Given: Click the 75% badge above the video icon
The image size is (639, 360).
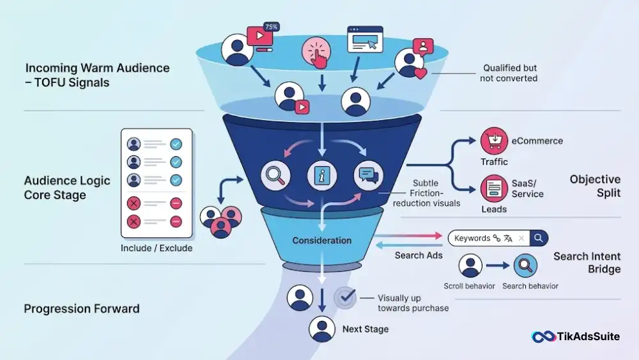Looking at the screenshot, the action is tap(272, 27).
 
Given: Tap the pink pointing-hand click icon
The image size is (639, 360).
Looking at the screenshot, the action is tap(316, 52).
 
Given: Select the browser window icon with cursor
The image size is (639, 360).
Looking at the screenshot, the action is tap(365, 40).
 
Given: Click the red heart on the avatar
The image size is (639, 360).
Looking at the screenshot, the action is tap(420, 73).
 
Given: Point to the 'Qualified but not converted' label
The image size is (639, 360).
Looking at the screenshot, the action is tap(509, 73).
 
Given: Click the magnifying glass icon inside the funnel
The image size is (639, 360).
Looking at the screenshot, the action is tap(275, 176).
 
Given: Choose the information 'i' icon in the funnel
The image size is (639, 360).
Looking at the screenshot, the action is tap(322, 176).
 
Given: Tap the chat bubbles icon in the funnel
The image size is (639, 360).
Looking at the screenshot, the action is tap(369, 176).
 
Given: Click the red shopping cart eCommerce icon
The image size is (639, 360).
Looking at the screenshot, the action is tap(494, 141).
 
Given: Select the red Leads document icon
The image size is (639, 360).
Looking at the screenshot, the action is tap(494, 189).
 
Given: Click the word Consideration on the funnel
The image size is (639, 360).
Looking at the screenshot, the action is tap(322, 240).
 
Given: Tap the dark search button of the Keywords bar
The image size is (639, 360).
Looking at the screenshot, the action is tap(539, 238).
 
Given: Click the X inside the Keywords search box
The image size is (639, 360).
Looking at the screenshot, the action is tap(521, 238).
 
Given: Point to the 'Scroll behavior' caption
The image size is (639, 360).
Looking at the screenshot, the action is tap(469, 286).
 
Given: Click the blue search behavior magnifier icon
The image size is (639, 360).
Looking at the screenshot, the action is tap(525, 266).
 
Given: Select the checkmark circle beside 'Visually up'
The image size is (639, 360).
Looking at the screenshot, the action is tap(345, 297).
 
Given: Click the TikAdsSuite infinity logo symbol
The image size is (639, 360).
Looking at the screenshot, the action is tap(544, 337).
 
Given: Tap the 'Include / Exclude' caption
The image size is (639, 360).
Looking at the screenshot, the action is tap(157, 248).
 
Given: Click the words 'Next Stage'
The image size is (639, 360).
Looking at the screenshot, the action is tap(366, 329).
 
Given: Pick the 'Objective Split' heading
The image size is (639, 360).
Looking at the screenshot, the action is tap(595, 186).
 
